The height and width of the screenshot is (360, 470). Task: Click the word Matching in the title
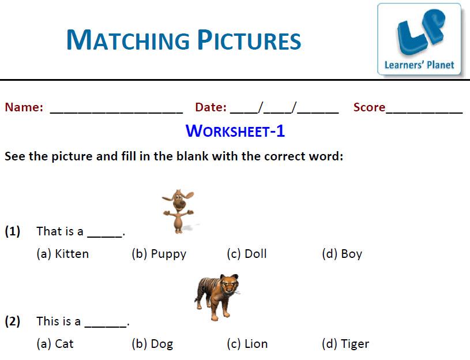(x=128, y=40)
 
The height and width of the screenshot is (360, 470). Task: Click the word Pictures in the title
(x=249, y=40)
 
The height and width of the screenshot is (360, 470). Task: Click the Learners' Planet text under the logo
(x=419, y=65)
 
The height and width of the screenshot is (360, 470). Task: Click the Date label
(x=210, y=107)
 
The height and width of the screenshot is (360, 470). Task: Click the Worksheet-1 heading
(x=235, y=131)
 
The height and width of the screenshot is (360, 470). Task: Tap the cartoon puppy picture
(x=179, y=211)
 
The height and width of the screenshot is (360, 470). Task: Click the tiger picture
(x=217, y=297)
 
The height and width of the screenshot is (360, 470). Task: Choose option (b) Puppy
(x=159, y=254)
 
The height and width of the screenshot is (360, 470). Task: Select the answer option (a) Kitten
(x=63, y=254)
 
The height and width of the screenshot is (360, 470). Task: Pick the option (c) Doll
(x=247, y=254)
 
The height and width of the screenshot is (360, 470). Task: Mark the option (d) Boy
(x=342, y=254)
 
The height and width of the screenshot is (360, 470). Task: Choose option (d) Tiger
(x=345, y=344)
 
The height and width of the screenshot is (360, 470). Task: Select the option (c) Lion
(x=247, y=344)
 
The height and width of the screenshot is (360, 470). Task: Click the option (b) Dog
(x=152, y=344)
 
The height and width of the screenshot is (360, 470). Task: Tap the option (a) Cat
(x=55, y=344)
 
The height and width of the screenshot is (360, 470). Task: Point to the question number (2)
(x=13, y=321)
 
